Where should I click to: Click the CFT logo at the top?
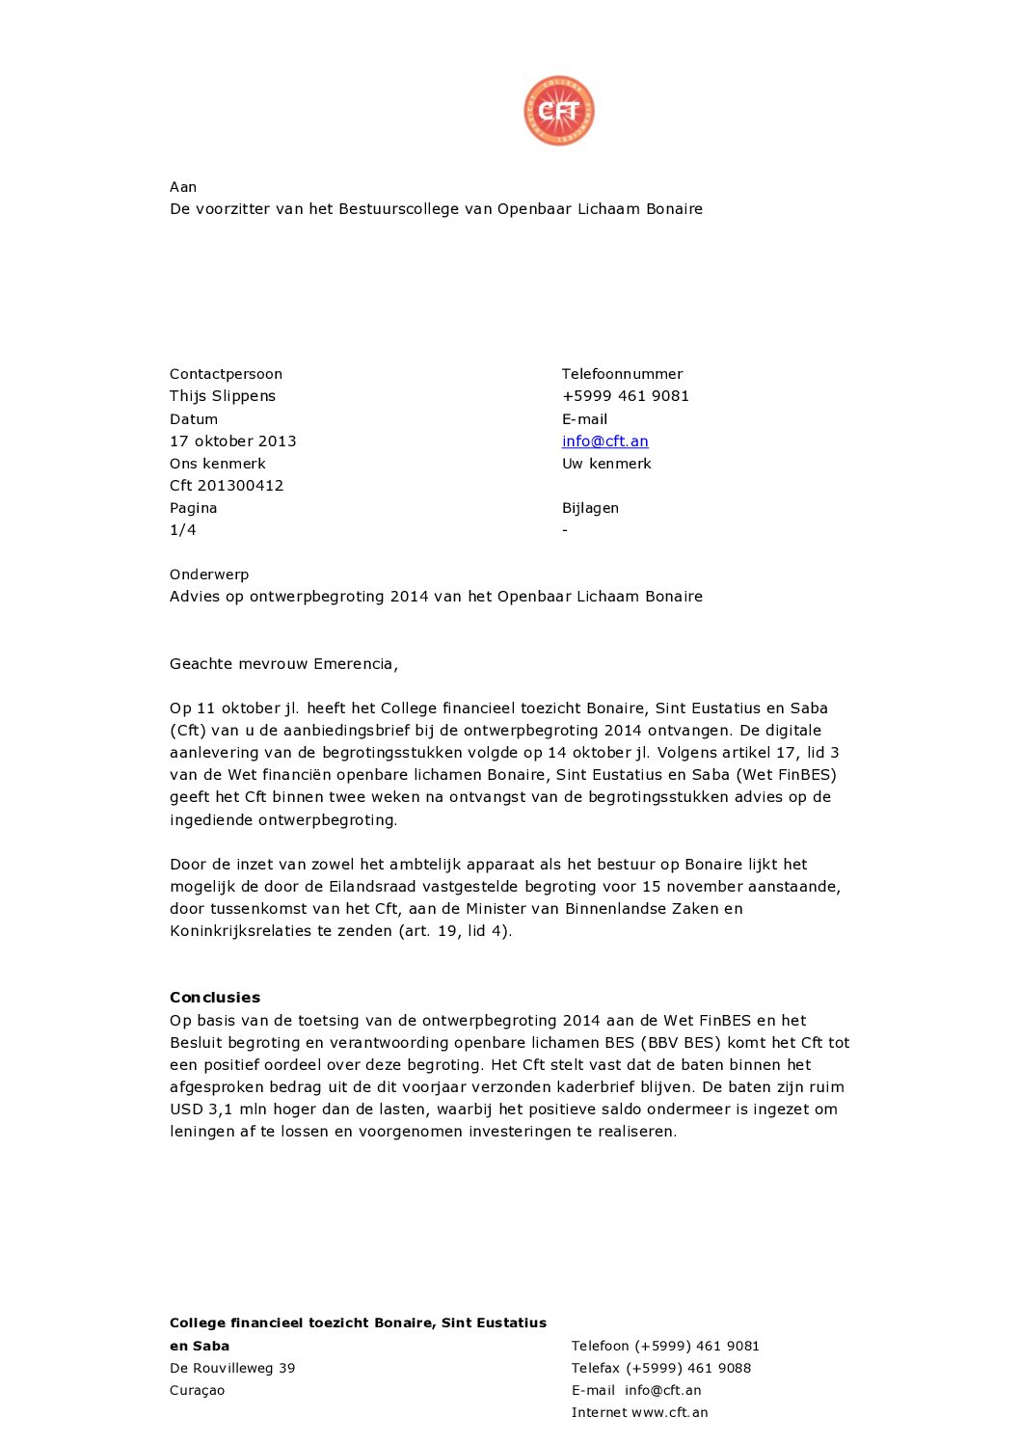pyautogui.click(x=559, y=111)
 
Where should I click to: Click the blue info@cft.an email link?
pyautogui.click(x=604, y=441)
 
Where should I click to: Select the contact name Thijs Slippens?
pyautogui.click(x=223, y=396)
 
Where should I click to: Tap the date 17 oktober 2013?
pyautogui.click(x=232, y=441)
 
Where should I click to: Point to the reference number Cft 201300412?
pyautogui.click(x=227, y=486)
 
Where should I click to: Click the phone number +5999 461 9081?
pyautogui.click(x=625, y=396)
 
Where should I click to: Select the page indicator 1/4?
pyautogui.click(x=183, y=530)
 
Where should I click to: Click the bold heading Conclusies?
pyautogui.click(x=215, y=998)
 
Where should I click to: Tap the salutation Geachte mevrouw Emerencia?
pyautogui.click(x=283, y=664)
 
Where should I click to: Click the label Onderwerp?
pyautogui.click(x=209, y=575)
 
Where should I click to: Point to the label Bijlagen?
pyautogui.click(x=590, y=508)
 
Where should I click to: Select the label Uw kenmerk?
pyautogui.click(x=606, y=464)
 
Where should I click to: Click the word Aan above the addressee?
pyautogui.click(x=183, y=187)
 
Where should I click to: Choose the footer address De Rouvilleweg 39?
pyautogui.click(x=232, y=1368)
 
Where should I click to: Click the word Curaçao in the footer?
pyautogui.click(x=197, y=1390)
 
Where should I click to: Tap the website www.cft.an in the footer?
pyautogui.click(x=669, y=1412)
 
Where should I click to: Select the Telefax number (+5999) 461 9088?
pyautogui.click(x=688, y=1368)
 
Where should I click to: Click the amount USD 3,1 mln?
pyautogui.click(x=219, y=1109)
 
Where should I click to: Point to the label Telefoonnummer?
pyautogui.click(x=622, y=374)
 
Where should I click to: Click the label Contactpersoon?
pyautogui.click(x=226, y=374)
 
